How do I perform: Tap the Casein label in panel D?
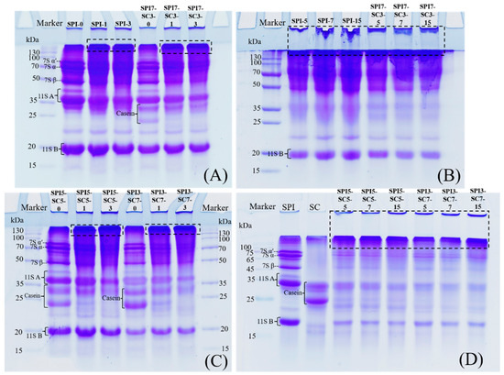(270, 292)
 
